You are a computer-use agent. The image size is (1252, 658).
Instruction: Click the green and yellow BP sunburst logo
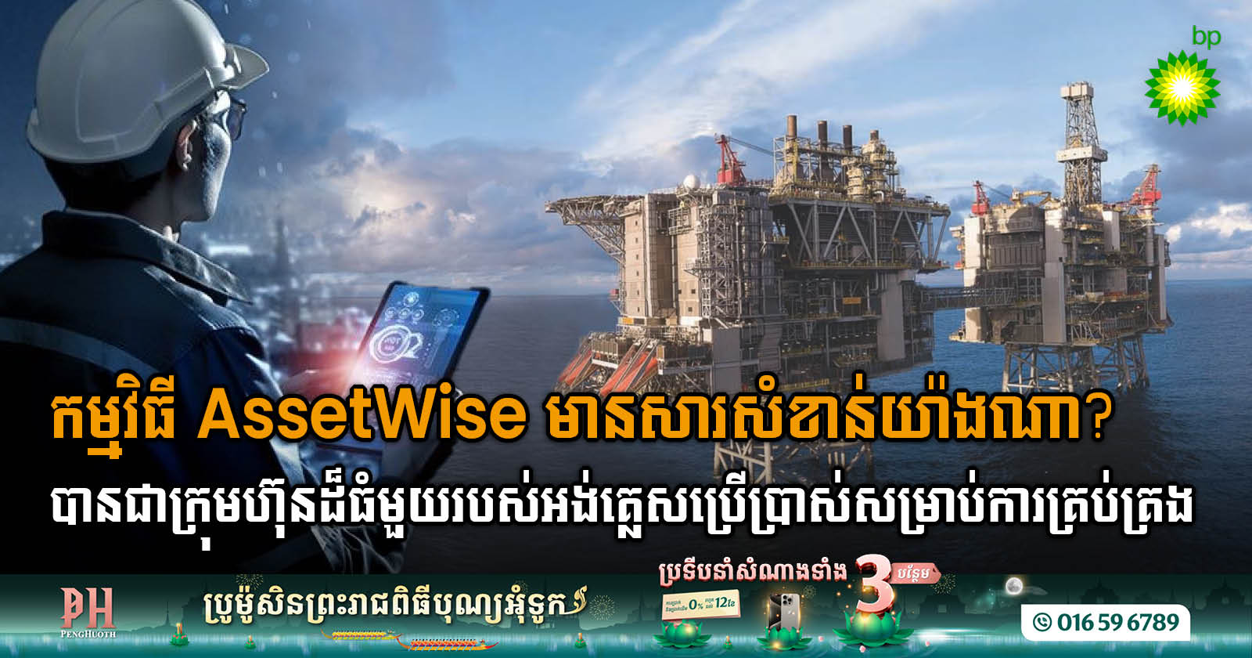point(1182,87)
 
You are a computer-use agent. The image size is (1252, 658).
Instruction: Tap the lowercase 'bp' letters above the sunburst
point(1206,37)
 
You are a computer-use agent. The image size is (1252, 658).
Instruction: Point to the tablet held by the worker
point(415,345)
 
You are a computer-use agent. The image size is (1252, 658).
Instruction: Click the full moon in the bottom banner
point(1014,585)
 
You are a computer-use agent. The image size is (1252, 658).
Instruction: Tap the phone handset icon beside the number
point(1042,623)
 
